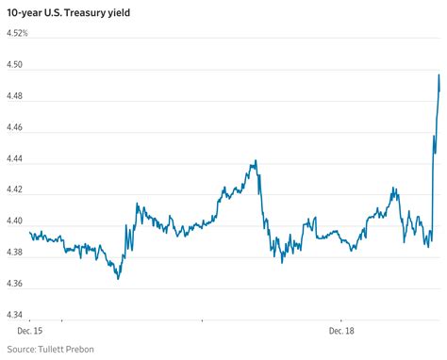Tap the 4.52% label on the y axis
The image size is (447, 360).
click(17, 35)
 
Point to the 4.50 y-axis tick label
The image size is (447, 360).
click(17, 67)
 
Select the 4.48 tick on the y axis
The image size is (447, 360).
click(17, 98)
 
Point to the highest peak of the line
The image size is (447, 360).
click(439, 74)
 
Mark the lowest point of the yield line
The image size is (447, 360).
click(119, 279)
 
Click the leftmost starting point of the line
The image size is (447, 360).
click(31, 232)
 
